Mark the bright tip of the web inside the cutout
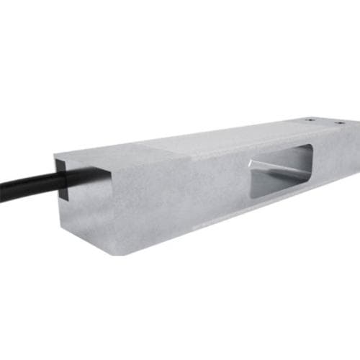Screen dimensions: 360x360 click(x=251, y=164)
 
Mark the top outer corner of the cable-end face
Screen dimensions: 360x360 click(x=55, y=153)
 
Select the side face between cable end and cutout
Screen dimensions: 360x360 click(x=180, y=198)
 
